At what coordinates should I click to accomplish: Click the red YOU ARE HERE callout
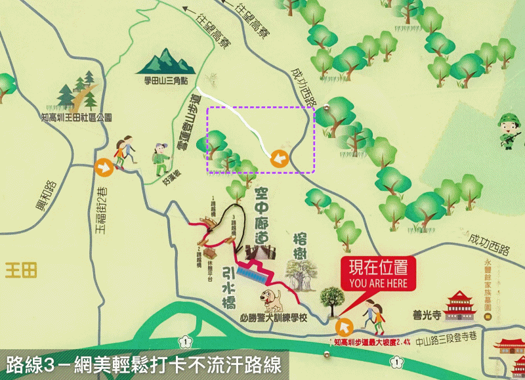click(379, 275)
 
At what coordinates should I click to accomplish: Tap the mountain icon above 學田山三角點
click(169, 61)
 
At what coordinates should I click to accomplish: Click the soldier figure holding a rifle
click(509, 130)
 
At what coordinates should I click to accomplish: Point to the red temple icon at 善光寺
click(460, 305)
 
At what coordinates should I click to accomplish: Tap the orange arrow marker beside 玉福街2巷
click(103, 167)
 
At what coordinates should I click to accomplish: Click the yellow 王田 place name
click(22, 270)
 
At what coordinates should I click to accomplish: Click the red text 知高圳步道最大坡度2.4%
click(371, 342)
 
